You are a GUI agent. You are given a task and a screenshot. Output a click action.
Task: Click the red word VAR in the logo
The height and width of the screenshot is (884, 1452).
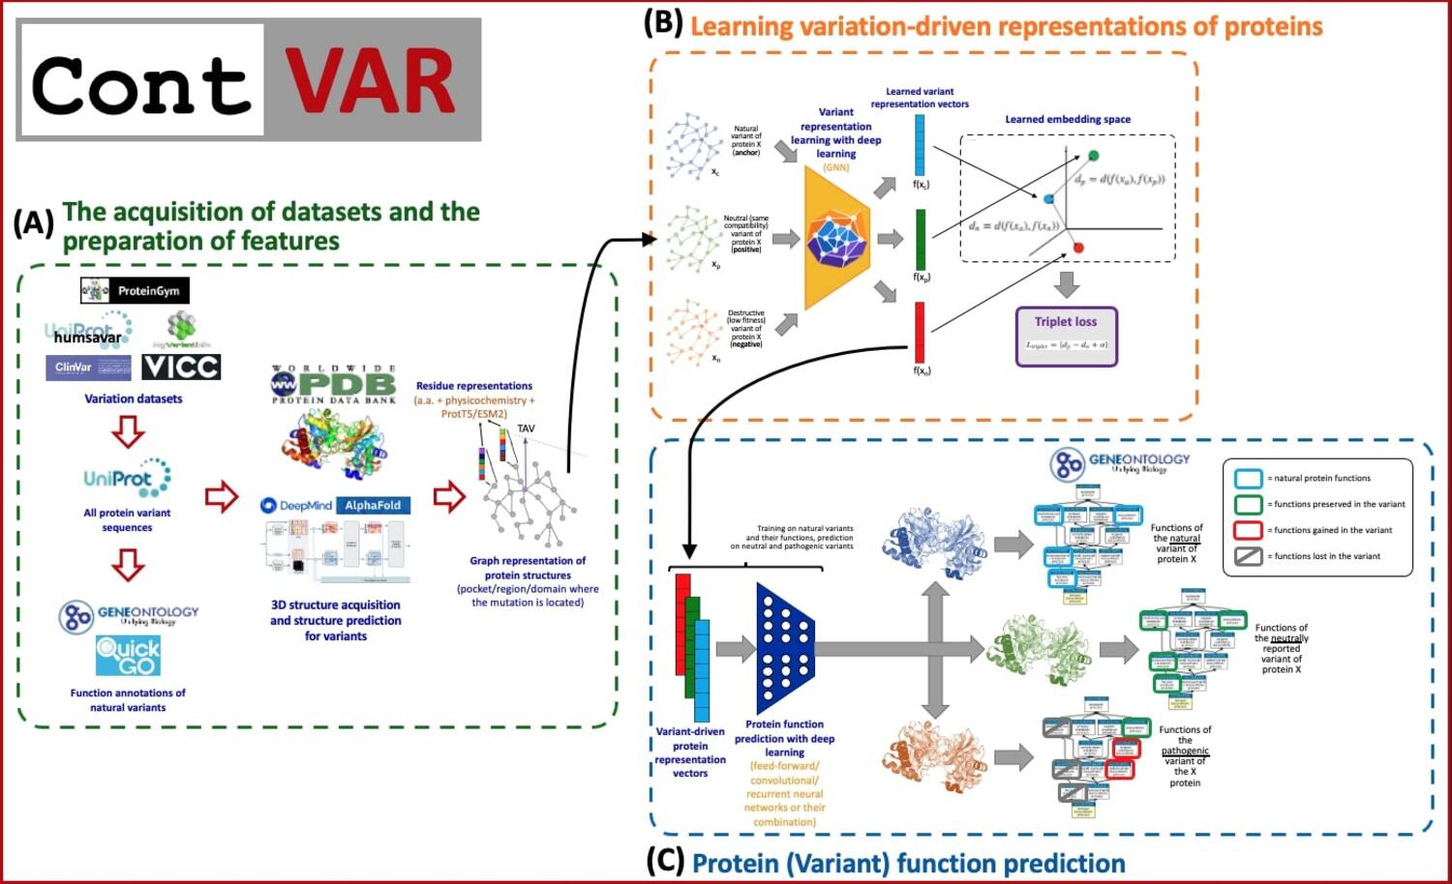(x=370, y=82)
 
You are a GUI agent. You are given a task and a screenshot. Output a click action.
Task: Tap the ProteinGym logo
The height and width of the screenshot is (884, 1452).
(x=135, y=290)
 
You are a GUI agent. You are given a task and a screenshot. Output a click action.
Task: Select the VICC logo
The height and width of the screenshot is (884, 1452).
(x=181, y=368)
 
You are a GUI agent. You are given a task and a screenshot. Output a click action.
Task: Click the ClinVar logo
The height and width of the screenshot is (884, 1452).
(x=88, y=368)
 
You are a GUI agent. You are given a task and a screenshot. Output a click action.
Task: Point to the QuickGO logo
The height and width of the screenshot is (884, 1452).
(x=128, y=656)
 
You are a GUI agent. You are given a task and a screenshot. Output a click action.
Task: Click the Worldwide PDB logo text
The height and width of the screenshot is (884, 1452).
(x=334, y=384)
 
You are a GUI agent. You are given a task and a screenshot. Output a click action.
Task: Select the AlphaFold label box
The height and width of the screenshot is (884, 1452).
(x=374, y=505)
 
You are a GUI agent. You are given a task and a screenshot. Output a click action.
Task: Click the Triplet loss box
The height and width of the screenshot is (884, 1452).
(x=1066, y=336)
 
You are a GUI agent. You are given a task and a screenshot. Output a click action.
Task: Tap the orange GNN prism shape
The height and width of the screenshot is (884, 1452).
(x=834, y=239)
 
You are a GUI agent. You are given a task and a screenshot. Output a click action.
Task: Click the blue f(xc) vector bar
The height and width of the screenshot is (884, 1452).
(x=920, y=145)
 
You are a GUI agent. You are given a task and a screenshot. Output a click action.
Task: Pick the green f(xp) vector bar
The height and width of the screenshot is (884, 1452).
(x=920, y=239)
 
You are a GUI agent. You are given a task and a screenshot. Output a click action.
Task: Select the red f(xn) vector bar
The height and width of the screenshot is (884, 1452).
(x=920, y=332)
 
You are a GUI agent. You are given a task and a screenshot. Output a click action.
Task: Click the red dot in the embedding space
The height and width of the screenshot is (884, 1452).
(x=1078, y=248)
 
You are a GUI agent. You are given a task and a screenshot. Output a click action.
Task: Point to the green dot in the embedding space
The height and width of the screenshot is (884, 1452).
(x=1094, y=156)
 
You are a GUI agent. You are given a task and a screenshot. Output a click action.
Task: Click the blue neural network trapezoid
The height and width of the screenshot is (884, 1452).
(x=785, y=648)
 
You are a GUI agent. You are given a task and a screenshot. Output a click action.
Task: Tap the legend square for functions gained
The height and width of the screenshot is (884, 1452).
(x=1248, y=530)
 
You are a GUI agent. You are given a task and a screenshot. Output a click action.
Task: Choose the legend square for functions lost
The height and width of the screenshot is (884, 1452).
(x=1248, y=556)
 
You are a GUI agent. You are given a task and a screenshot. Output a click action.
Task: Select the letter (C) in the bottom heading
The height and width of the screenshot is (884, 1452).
(x=665, y=862)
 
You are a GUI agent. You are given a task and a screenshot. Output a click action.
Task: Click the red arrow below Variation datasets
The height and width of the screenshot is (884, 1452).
(x=128, y=432)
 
